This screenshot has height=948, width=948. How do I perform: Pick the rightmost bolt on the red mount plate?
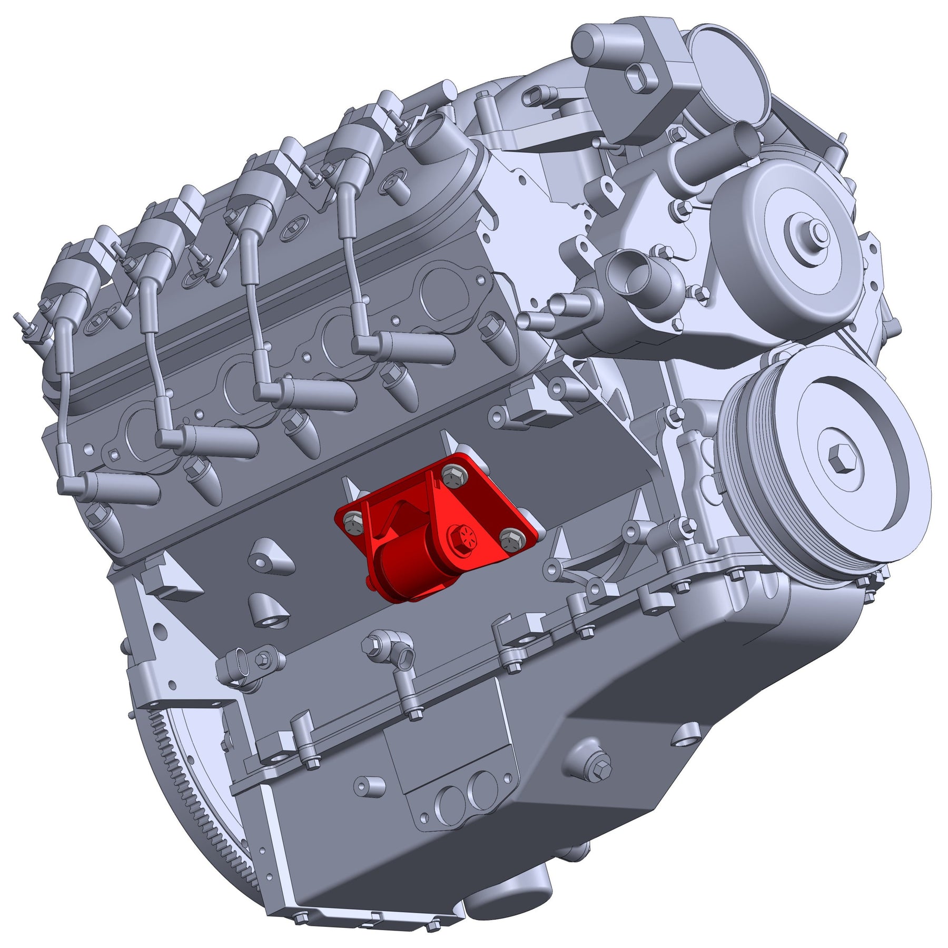point(510,540)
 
